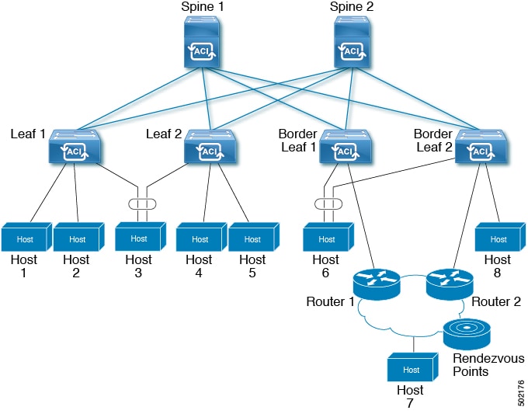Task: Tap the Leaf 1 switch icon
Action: click(73, 148)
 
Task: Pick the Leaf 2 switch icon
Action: click(208, 148)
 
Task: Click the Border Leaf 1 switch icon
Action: click(345, 148)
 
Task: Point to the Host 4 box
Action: click(200, 238)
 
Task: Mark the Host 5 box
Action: click(252, 238)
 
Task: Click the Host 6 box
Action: click(327, 238)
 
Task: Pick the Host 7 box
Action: click(411, 368)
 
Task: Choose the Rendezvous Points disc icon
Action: click(467, 332)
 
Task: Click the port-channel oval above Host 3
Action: click(141, 204)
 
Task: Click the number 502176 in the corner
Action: click(519, 392)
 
